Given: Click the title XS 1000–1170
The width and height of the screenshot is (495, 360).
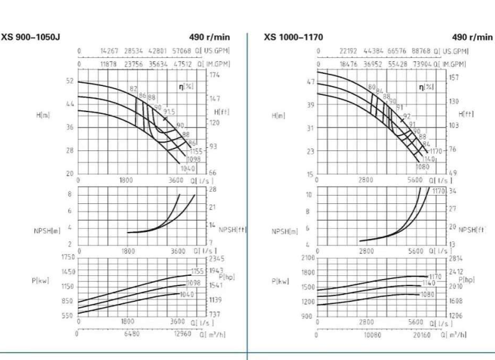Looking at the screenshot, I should coord(293,37).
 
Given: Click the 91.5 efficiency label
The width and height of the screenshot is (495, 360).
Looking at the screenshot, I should coord(169,112).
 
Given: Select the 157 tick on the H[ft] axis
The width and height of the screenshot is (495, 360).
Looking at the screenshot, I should coord(454,77).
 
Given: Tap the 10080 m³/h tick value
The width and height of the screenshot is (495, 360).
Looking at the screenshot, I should coord(371,333).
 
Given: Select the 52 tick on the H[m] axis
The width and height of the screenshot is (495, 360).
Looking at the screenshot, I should coord(69,81).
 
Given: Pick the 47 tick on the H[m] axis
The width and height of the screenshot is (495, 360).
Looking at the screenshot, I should coord(311,82).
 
